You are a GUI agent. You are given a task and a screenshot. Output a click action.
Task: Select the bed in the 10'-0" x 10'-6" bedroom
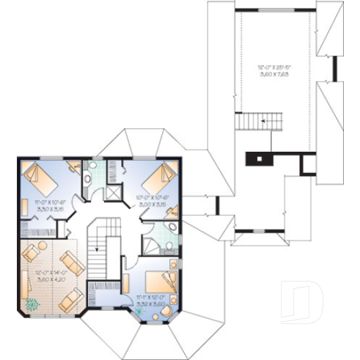[161, 177]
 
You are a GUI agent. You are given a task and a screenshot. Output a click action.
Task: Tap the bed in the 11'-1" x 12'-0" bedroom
[161, 281]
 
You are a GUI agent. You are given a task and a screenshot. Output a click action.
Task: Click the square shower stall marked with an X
[113, 192]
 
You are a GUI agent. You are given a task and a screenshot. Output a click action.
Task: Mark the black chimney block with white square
[260, 157]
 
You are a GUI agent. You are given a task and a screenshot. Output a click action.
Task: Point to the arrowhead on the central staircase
[96, 249]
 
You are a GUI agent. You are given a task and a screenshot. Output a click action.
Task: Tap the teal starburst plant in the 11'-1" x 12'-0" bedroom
[141, 312]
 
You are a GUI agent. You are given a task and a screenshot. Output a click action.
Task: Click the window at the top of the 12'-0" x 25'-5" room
[276, 9]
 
